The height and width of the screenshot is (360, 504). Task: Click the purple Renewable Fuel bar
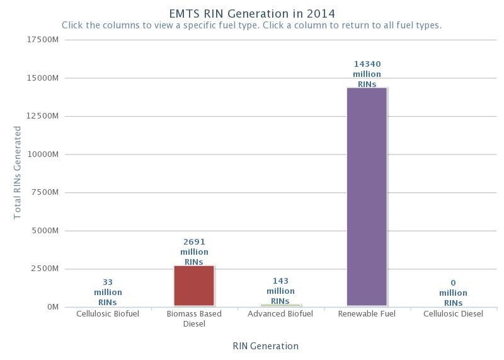[367, 197]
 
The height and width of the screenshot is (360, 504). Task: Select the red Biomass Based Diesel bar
[194, 286]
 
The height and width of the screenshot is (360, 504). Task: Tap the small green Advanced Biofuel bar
[280, 305]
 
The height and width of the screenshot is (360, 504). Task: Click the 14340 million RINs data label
[367, 74]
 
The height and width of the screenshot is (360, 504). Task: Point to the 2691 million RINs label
[194, 252]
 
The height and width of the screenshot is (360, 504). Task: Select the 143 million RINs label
[280, 291]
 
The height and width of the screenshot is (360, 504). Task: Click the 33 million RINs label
[108, 293]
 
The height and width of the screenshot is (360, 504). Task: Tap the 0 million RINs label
[453, 293]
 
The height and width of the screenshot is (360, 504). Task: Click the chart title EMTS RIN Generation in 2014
[252, 13]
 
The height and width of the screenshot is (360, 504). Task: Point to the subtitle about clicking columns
[251, 26]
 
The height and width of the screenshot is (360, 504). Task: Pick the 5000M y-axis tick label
[45, 231]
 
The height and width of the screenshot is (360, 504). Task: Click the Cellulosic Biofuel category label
[108, 314]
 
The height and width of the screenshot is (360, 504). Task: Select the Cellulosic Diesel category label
[453, 314]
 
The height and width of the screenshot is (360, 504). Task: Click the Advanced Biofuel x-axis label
[280, 314]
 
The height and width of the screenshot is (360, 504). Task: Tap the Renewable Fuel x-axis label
[367, 314]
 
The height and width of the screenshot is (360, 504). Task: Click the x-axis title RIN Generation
[265, 345]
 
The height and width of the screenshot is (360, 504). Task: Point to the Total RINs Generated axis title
[18, 173]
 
